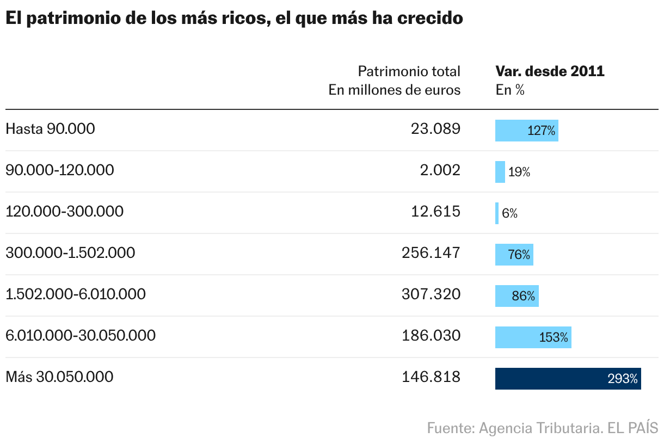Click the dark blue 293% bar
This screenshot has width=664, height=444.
pos(568,379)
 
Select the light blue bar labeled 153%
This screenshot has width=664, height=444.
pos(533,337)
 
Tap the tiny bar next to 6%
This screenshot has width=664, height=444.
pos(497,213)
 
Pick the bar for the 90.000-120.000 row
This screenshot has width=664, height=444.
pos(500,172)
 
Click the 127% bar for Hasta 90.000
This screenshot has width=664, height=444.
pos(526,131)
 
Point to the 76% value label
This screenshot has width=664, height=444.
pos(519,255)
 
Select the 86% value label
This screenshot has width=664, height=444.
pos(523,296)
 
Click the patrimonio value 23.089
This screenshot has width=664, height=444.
pos(435,129)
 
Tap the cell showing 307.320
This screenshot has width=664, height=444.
pos(431,294)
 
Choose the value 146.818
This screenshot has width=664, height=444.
pos(431,377)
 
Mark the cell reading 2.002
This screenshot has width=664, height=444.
pos(439,170)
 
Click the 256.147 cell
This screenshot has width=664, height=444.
pos(431,253)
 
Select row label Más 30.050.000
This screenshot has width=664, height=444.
pos(59,377)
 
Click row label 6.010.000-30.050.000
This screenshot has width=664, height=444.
pos(81,336)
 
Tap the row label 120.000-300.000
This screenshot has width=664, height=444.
pos(64,212)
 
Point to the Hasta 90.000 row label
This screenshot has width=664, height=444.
pos(50,129)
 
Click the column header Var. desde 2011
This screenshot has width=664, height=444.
pos(550,71)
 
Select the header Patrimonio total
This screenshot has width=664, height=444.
pos(409,71)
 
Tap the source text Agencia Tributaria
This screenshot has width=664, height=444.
pos(540,428)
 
